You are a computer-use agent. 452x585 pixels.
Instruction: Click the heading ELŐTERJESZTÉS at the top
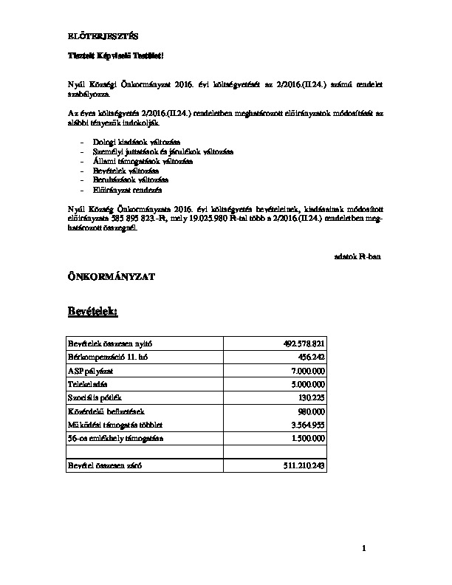[x=98, y=36]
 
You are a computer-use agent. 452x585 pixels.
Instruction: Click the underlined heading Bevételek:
[x=92, y=314]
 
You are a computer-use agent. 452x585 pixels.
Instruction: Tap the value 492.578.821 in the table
[x=304, y=343]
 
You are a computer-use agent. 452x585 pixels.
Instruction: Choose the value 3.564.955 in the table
[x=308, y=425]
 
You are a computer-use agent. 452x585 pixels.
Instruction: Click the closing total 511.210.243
[x=304, y=467]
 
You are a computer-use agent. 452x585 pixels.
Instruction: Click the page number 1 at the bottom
[x=365, y=548]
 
